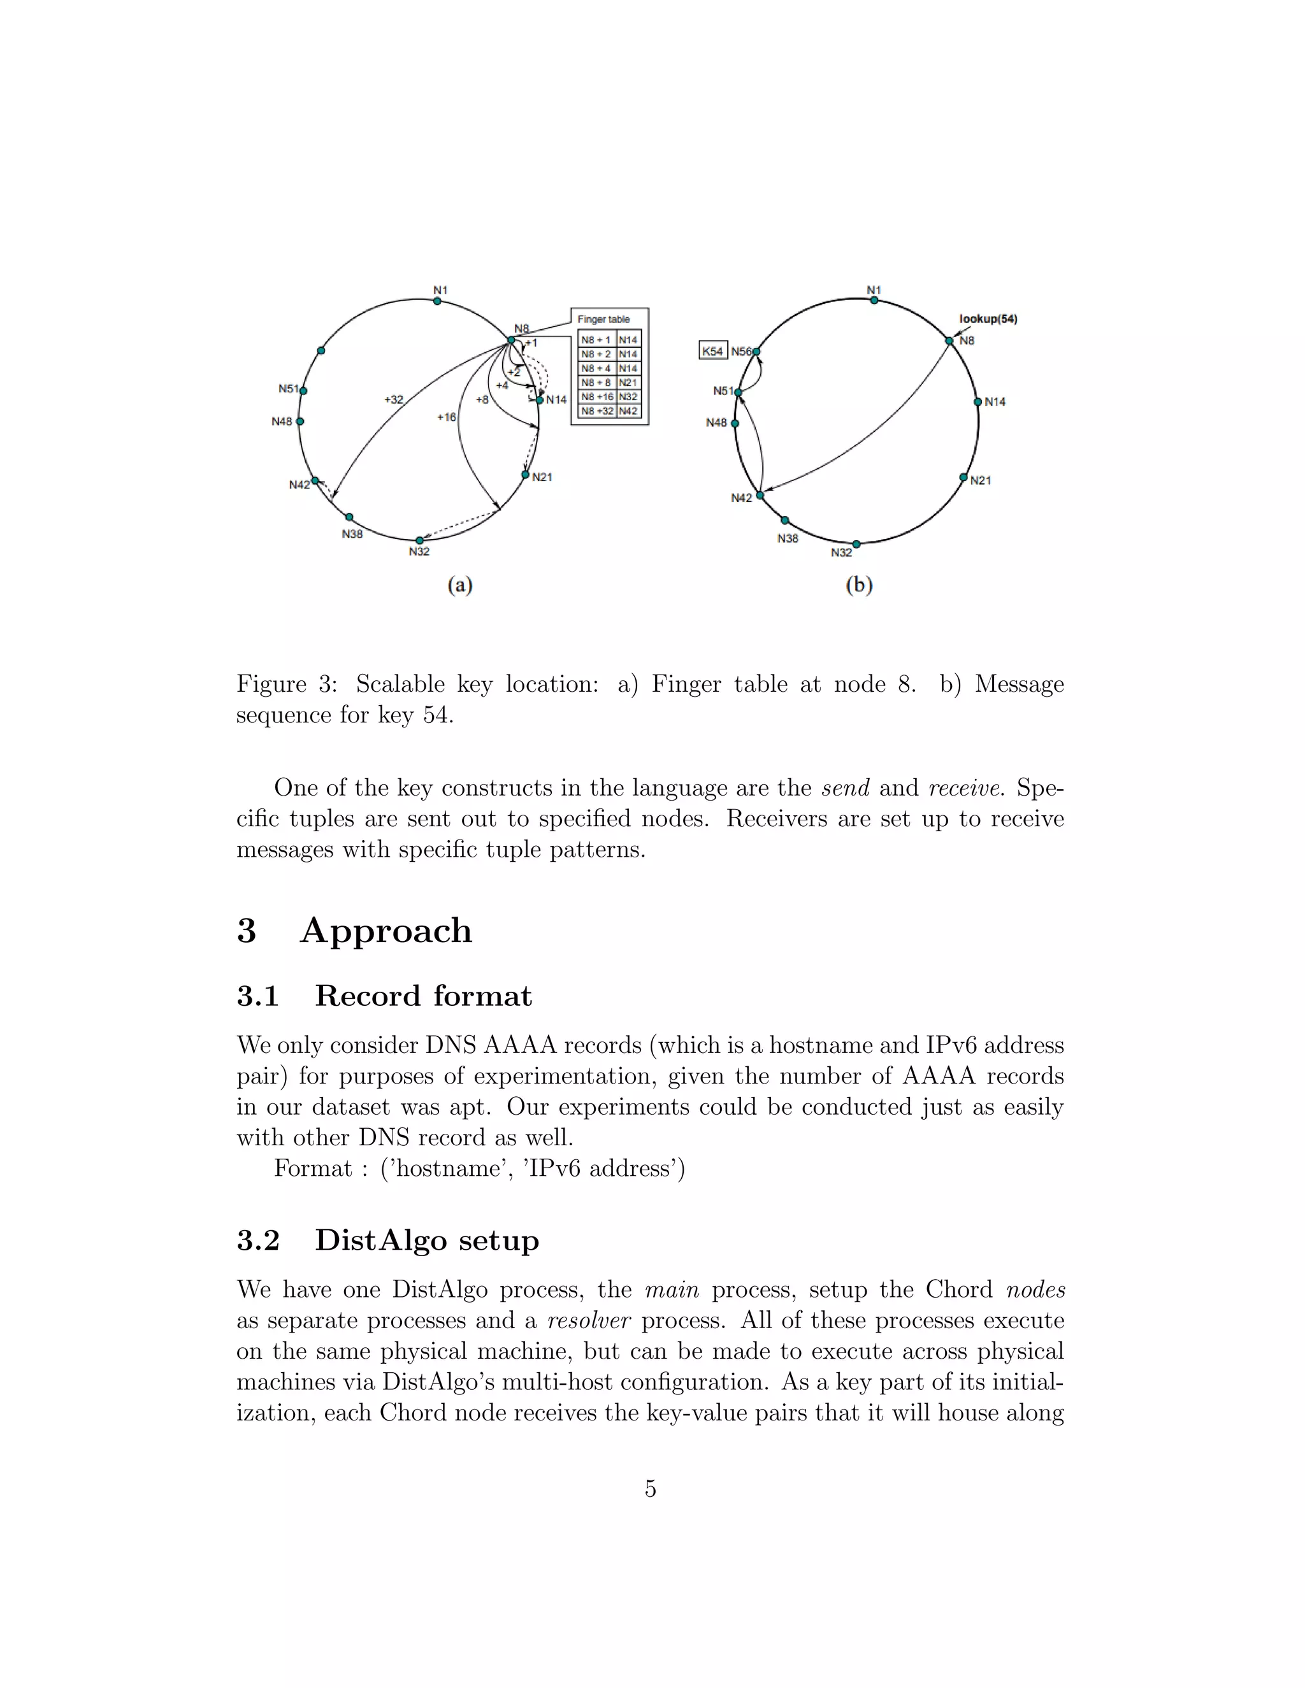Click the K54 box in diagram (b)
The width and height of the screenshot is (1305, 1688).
[712, 351]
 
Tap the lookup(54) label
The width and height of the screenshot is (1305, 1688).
[988, 318]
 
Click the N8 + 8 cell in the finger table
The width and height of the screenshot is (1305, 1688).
[596, 383]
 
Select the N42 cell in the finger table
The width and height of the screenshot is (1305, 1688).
[628, 411]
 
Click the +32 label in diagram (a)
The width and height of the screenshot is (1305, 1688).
[394, 399]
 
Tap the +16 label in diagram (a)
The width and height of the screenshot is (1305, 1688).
[446, 417]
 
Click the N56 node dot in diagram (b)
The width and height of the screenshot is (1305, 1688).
[757, 352]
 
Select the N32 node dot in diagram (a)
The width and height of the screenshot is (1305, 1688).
[419, 540]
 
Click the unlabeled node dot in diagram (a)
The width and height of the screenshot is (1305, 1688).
[321, 351]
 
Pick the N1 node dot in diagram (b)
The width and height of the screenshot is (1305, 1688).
[874, 300]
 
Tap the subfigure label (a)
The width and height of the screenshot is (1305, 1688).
[460, 585]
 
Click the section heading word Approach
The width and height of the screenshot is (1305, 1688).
[386, 931]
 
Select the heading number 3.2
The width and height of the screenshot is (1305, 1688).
[258, 1240]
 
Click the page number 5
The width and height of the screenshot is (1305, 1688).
[650, 1488]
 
